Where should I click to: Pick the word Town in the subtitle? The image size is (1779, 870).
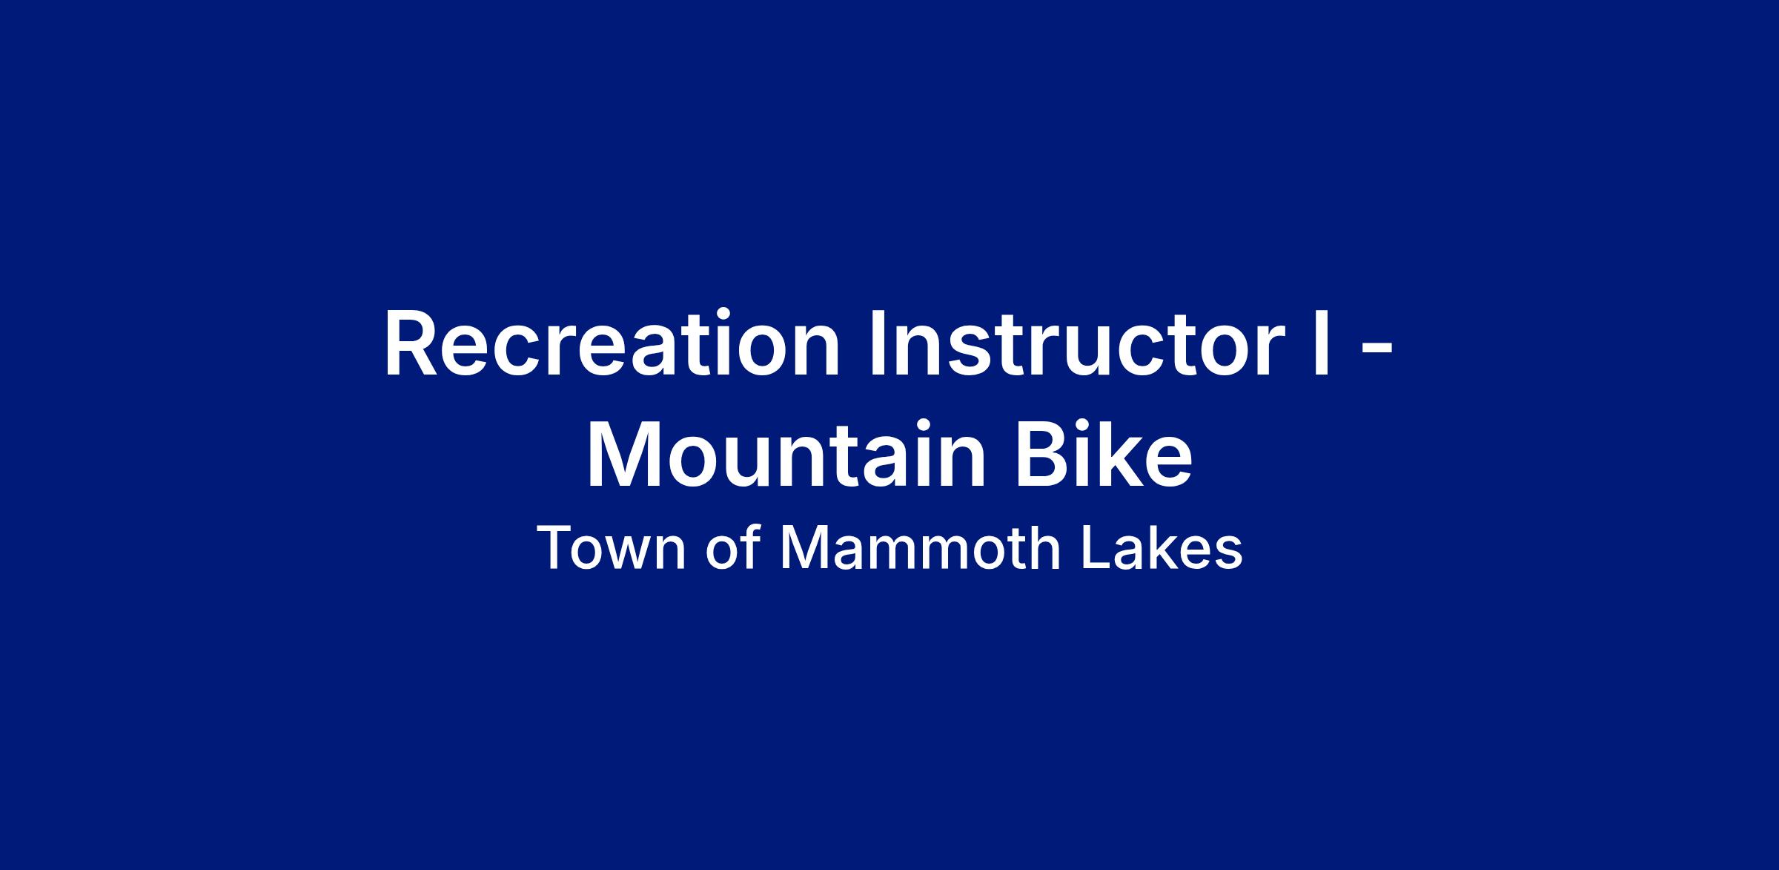pyautogui.click(x=612, y=549)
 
